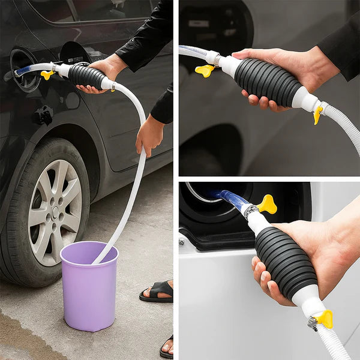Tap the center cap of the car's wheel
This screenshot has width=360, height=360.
(55, 212)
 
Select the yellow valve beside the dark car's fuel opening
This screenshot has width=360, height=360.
(47, 74)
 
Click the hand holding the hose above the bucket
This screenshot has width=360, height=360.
(149, 134)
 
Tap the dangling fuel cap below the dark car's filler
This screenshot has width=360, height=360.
(43, 115)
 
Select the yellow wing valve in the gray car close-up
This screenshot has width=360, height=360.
(205, 70)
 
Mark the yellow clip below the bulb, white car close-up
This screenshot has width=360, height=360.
(325, 318)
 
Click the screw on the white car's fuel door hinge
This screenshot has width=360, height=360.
(182, 242)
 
